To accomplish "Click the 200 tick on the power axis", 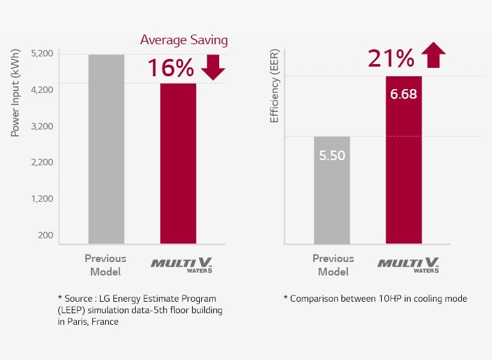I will (x=45, y=235).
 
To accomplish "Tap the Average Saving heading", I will (x=184, y=40).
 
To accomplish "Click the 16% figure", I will (x=170, y=68).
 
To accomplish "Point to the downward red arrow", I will (x=213, y=67).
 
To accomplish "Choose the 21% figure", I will (x=391, y=58).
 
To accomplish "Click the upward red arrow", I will (x=434, y=55).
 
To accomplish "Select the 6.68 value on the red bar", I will (x=404, y=94).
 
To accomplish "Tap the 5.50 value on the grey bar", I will (x=332, y=155).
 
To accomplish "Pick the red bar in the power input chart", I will (x=177, y=163).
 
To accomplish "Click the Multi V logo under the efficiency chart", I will (x=407, y=265).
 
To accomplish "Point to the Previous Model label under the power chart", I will (x=106, y=265).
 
